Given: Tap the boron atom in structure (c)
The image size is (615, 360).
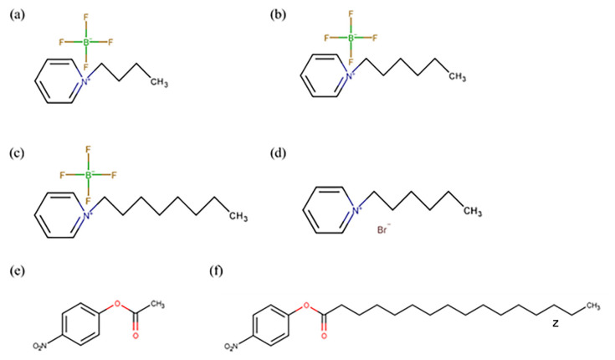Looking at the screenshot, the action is [87, 176].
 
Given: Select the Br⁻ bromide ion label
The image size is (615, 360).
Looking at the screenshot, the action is [382, 227].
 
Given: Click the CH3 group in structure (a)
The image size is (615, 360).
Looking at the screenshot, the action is [158, 82].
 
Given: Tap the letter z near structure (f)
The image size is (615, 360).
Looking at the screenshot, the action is [554, 321].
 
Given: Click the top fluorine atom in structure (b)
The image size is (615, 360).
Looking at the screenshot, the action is [351, 14].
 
